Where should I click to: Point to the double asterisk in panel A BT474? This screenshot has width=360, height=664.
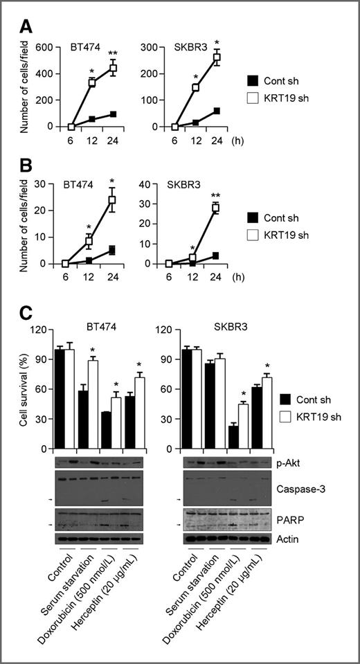113,53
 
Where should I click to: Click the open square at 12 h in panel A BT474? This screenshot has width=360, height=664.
91,83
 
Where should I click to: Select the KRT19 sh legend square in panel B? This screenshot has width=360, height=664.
253,234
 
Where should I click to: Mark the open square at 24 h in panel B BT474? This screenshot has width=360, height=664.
112,199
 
